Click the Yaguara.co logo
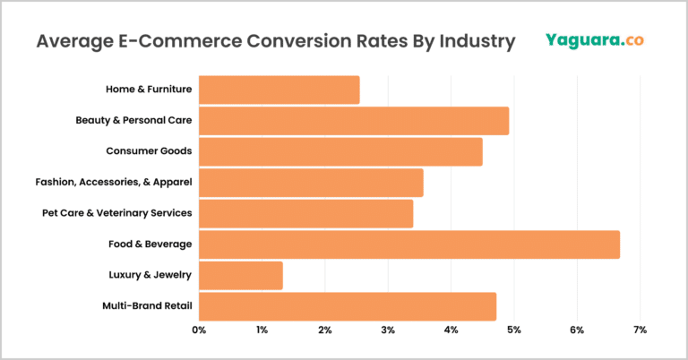pos(594,40)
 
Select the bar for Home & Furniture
pos(279,90)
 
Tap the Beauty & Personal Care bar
pos(353,121)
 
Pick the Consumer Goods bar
pos(340,152)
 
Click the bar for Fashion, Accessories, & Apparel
pos(311,183)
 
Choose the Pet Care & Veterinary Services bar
pos(305,214)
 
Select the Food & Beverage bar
pos(408,244)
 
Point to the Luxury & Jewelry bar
pos(240,276)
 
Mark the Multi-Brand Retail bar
pos(347,306)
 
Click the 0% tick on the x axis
pos(199,331)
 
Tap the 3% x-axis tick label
pos(388,331)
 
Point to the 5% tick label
pos(514,331)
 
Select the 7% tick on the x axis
pos(640,331)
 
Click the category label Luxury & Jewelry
pos(149,276)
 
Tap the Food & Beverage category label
pos(149,244)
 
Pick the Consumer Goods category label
pos(149,152)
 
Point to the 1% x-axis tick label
pos(262,331)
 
